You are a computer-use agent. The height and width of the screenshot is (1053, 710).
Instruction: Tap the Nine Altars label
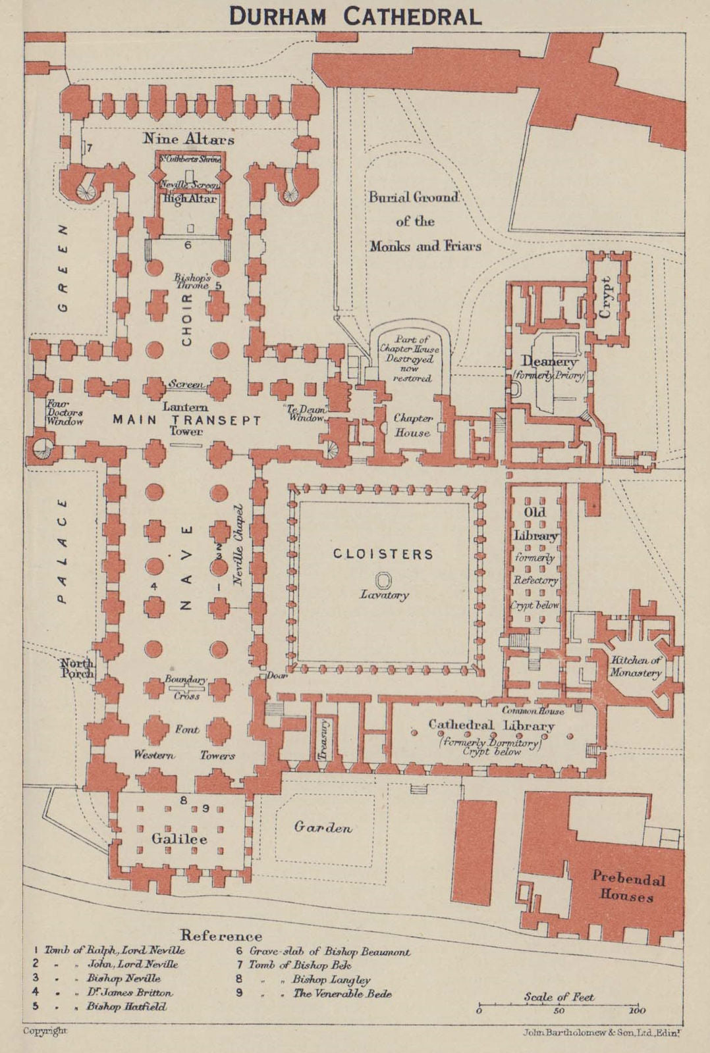[189, 139]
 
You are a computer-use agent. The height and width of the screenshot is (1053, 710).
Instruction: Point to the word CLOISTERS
[383, 554]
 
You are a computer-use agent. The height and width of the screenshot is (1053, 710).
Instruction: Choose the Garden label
[323, 827]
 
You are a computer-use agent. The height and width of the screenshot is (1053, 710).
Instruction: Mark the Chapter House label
[413, 425]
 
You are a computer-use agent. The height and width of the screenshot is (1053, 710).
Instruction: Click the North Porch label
[77, 668]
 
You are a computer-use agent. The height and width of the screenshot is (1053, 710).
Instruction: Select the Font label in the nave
[186, 729]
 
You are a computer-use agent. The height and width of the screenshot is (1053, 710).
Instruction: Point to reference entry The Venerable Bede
[342, 994]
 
